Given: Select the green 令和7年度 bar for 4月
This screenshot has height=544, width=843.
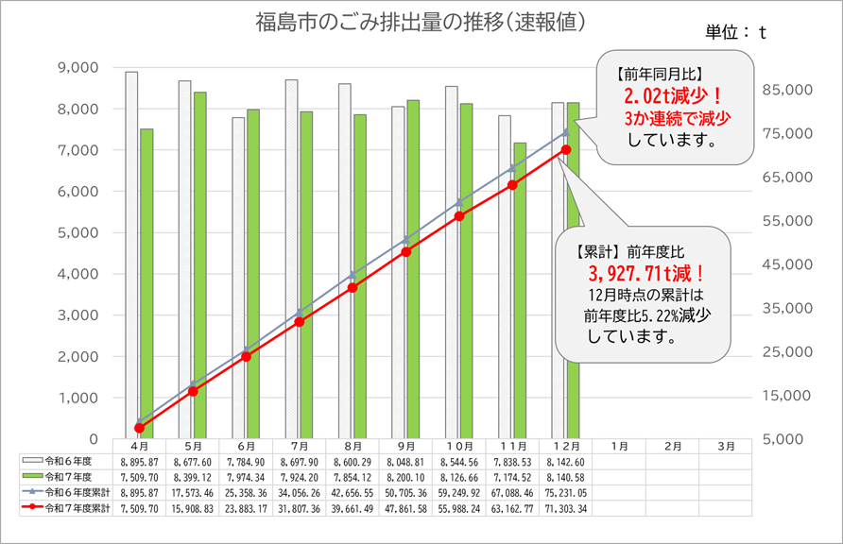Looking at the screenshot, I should tap(146, 283).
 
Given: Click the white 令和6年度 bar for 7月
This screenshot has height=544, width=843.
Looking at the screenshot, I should tap(291, 260).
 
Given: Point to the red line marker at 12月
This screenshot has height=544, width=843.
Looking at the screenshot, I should tap(565, 149).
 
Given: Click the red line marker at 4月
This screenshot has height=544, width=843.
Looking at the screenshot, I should tap(139, 428).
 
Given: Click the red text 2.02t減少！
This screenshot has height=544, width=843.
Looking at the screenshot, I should tap(673, 97).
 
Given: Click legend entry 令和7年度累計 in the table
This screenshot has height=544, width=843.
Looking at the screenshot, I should tap(71, 508).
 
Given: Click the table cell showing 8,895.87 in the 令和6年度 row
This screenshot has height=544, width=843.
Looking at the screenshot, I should tap(139, 461).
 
